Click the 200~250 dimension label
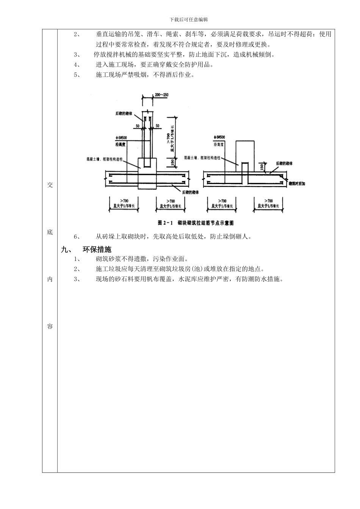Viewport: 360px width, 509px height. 162,95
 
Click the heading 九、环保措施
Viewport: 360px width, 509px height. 86,250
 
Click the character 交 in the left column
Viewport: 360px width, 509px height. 50,185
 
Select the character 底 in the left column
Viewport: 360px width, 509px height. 50,232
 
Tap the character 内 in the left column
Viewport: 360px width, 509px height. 50,279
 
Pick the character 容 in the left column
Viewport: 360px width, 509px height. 50,326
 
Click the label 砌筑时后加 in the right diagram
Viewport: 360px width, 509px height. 297,183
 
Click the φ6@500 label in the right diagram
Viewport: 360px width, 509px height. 219,137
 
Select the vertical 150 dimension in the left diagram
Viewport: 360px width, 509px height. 172,162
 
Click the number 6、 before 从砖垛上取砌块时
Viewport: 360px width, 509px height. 77,237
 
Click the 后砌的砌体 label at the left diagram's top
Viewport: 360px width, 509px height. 124,113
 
